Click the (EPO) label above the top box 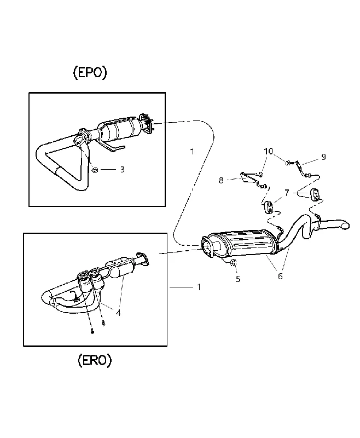click(x=90, y=73)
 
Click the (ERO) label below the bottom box click(x=95, y=360)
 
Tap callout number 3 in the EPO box click(x=122, y=170)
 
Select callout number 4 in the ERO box click(x=118, y=313)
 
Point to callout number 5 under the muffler click(x=238, y=279)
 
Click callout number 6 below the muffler click(x=280, y=276)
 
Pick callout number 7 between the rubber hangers click(x=287, y=193)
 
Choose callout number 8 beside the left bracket click(x=221, y=181)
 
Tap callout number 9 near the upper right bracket click(x=324, y=157)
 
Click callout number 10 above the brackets click(x=269, y=152)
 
